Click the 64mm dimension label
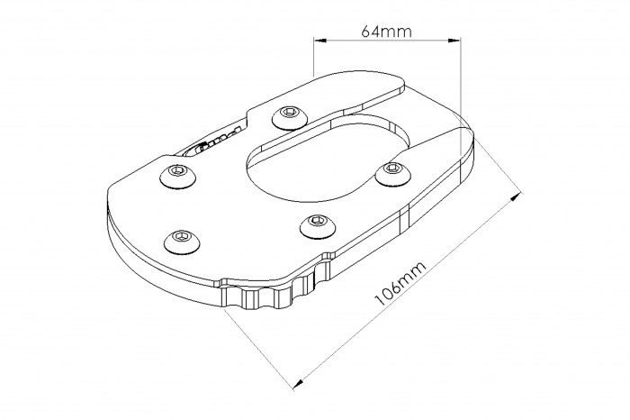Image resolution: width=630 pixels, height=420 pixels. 386,31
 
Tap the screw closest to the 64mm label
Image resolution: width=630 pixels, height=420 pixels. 289,113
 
